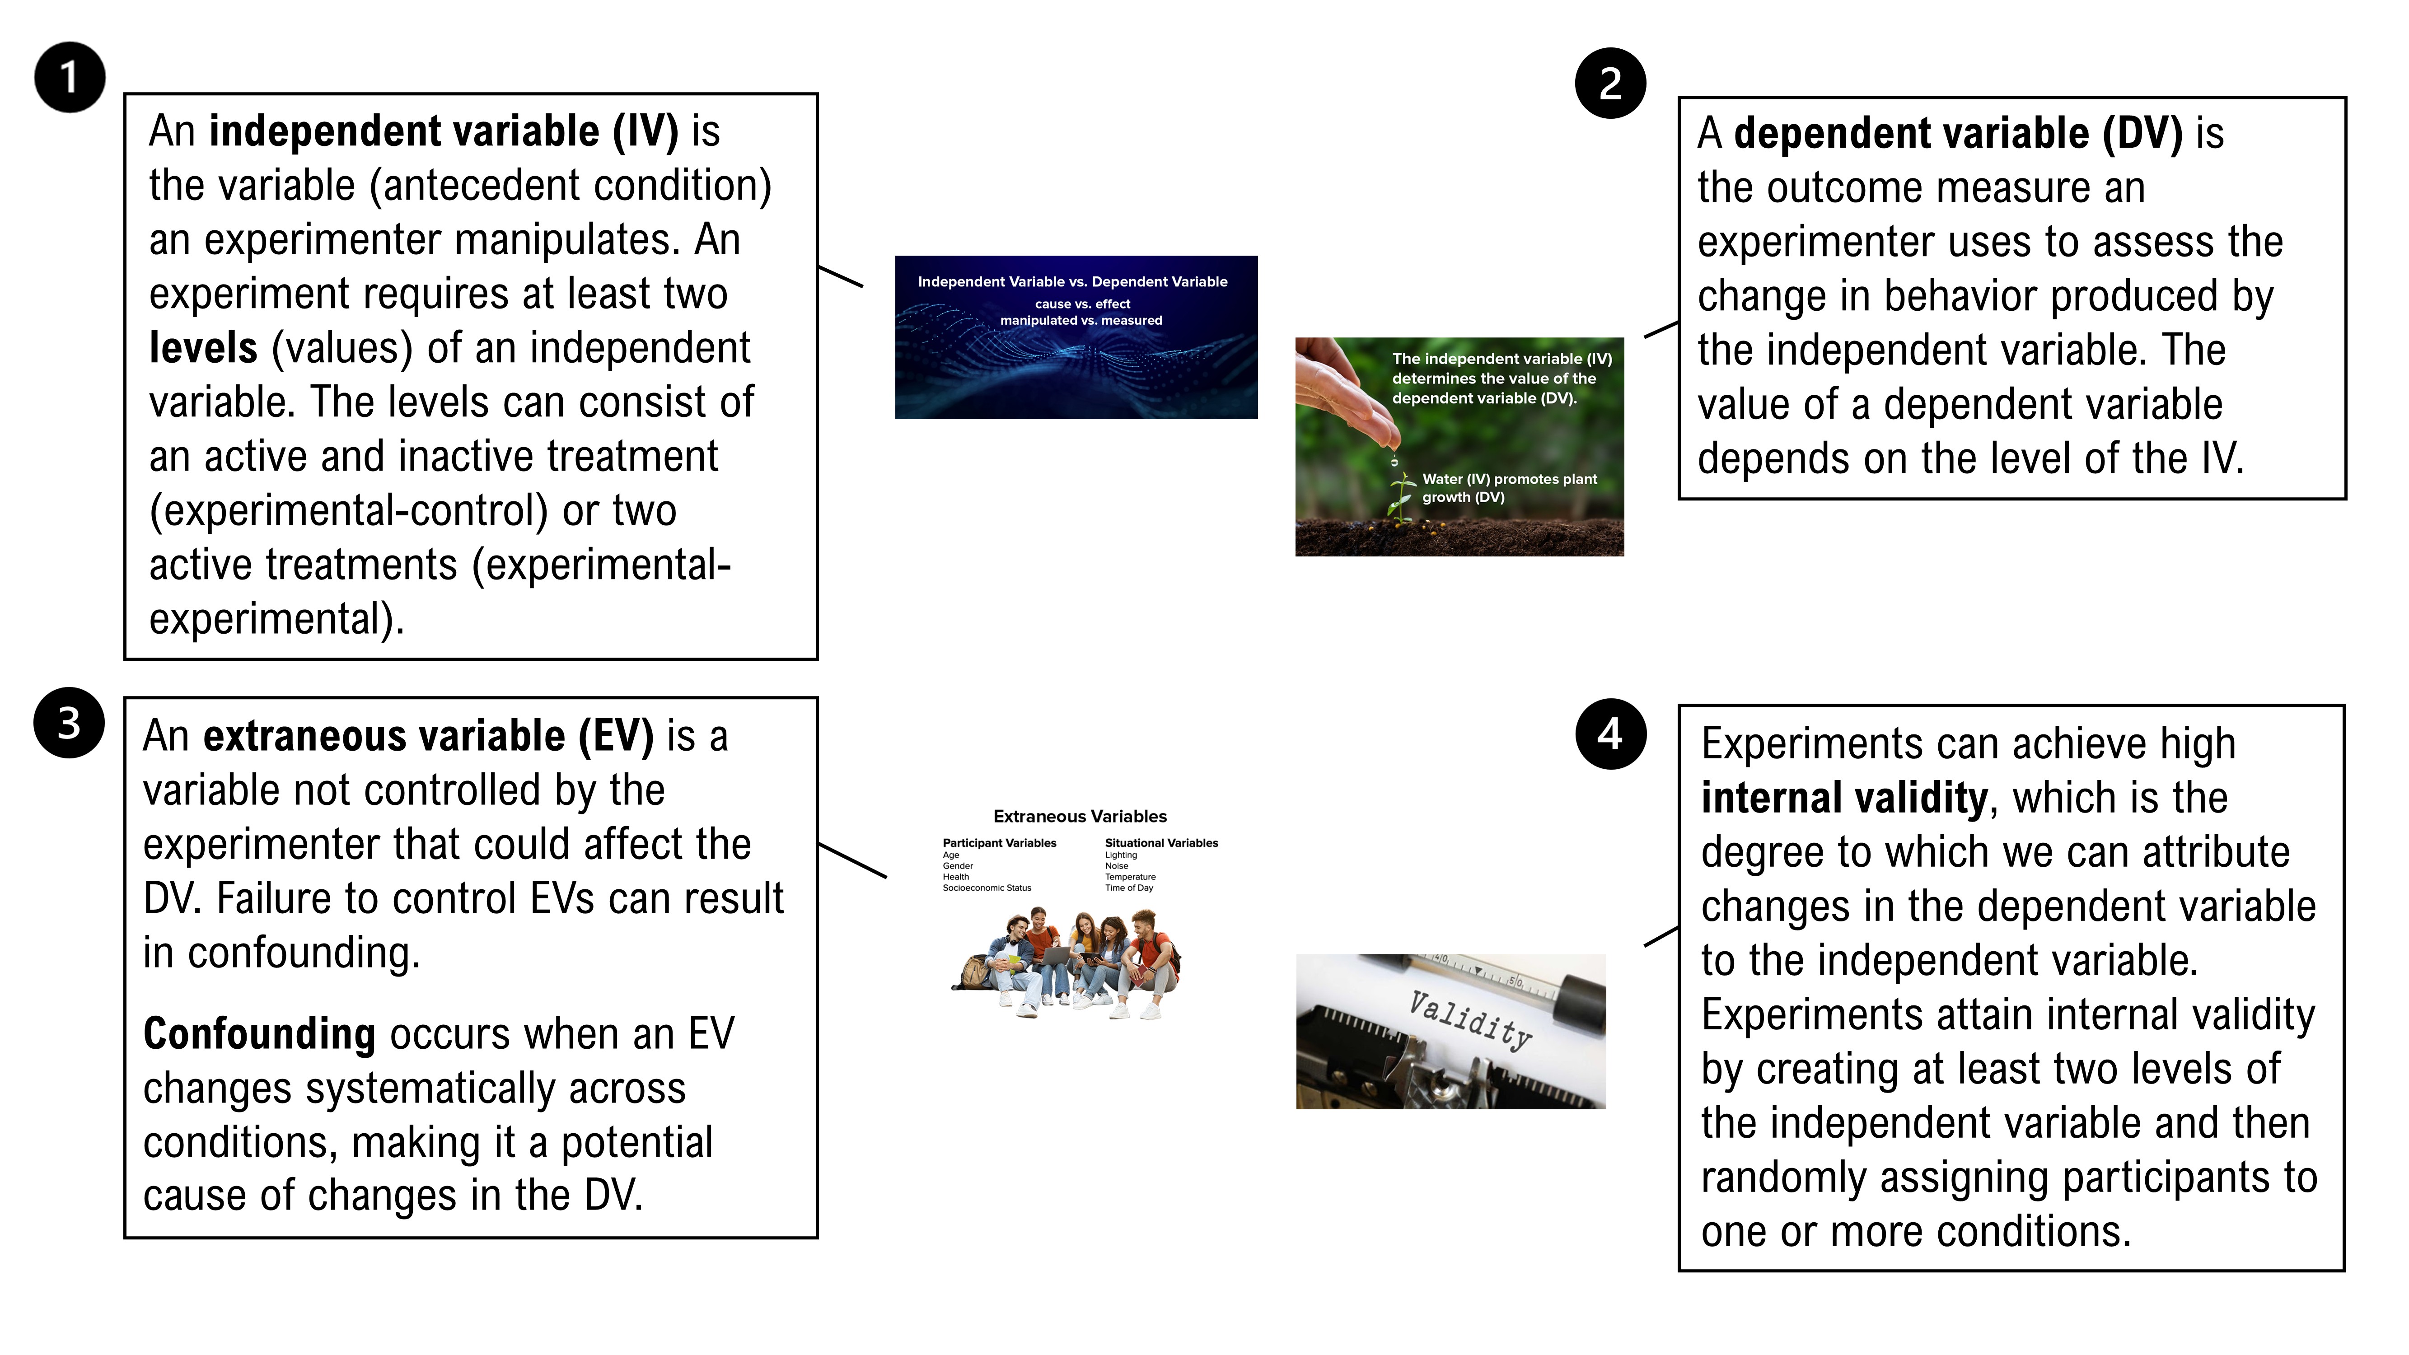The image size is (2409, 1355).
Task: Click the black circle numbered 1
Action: pyautogui.click(x=69, y=78)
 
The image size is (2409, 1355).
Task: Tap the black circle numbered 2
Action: pyautogui.click(x=1610, y=83)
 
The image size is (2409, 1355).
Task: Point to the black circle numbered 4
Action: pyautogui.click(x=1610, y=734)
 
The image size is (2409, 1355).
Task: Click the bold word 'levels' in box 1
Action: pyautogui.click(x=203, y=348)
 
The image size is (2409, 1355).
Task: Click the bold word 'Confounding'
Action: pyautogui.click(x=259, y=1034)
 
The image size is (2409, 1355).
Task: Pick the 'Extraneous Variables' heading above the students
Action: pyautogui.click(x=1080, y=816)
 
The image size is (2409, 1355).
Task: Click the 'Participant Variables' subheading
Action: pyautogui.click(x=1000, y=842)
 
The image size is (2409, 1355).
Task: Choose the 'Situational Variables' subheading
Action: pyautogui.click(x=1161, y=842)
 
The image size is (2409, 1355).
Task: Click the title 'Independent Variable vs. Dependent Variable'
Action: pyautogui.click(x=1073, y=281)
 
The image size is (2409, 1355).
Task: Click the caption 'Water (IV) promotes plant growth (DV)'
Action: pyautogui.click(x=1509, y=488)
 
